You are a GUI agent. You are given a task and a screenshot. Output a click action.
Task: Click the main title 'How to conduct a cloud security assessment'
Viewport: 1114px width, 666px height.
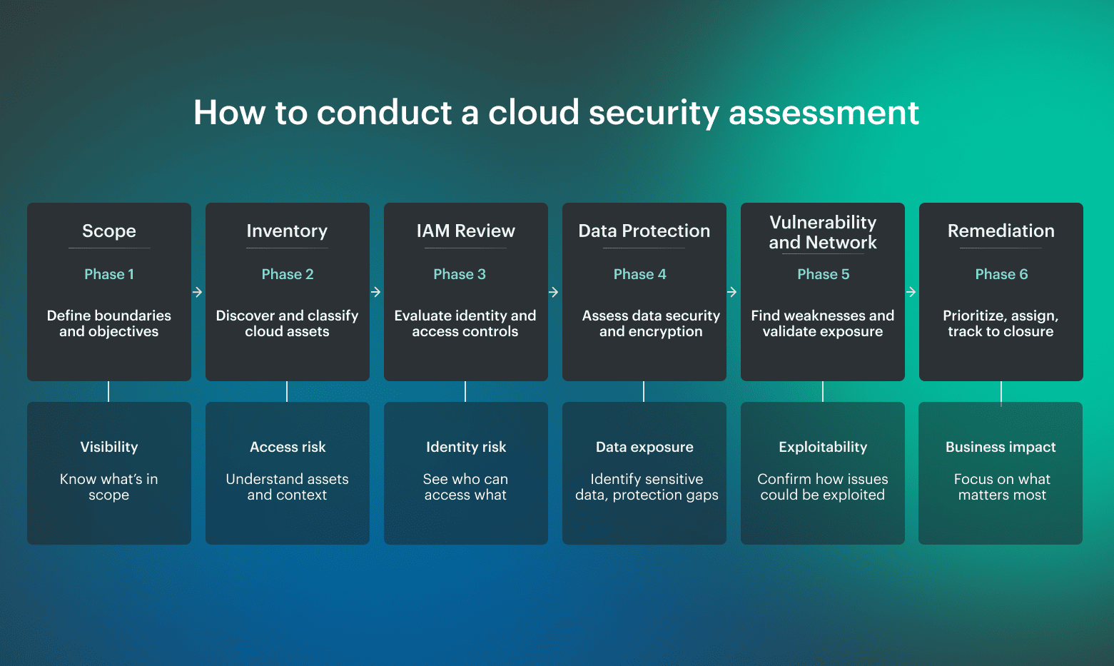click(556, 113)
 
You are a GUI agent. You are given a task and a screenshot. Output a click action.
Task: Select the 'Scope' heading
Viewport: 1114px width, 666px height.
click(109, 231)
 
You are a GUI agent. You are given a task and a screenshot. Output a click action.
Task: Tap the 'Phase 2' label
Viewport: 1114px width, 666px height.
click(288, 274)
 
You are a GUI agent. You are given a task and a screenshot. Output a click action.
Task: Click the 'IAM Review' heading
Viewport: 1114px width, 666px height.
click(465, 231)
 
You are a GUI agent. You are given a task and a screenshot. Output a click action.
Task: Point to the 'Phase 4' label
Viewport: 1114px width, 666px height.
click(639, 274)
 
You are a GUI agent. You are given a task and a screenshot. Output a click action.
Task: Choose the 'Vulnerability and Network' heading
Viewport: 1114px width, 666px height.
click(823, 233)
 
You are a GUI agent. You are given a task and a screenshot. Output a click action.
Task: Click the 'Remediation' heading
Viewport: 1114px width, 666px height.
click(1001, 231)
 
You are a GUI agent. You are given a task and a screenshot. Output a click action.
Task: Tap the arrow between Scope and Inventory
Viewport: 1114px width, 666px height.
click(198, 292)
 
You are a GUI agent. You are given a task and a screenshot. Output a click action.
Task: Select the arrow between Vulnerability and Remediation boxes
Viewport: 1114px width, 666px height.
click(911, 292)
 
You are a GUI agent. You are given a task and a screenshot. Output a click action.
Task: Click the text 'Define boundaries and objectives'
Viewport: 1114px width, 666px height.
click(109, 323)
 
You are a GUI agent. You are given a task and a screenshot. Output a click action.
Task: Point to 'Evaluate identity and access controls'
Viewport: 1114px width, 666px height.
click(465, 323)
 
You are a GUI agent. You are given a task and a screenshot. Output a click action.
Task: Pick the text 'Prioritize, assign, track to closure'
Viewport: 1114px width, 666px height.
click(1001, 323)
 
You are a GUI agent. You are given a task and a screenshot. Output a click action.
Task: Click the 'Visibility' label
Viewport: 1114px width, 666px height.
click(109, 447)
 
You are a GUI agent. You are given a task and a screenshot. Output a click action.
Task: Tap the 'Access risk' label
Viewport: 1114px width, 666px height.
click(288, 447)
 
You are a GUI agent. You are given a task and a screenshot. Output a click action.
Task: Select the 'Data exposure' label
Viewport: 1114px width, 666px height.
click(644, 447)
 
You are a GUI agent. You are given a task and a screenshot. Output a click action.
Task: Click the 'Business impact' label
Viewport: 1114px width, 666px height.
click(1001, 447)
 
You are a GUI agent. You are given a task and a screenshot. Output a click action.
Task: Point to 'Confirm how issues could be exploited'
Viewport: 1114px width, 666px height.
click(823, 487)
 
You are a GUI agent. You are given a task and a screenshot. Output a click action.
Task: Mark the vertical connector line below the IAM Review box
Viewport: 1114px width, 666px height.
click(465, 391)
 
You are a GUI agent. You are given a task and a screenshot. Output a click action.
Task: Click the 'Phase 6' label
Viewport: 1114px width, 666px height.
click(1001, 274)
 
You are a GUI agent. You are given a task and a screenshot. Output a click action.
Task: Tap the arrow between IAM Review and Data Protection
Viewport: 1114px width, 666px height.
click(554, 292)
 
